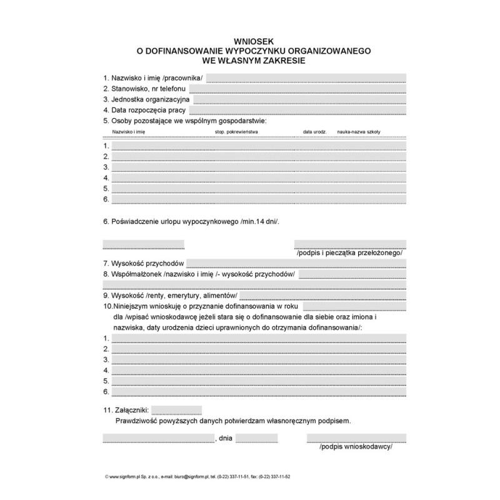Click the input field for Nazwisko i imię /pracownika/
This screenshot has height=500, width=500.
pyautogui.click(x=306, y=79)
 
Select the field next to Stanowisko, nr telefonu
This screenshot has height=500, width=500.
pyautogui.click(x=297, y=89)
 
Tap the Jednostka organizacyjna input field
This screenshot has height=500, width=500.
pyautogui.click(x=299, y=100)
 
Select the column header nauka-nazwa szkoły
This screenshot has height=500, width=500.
pyautogui.click(x=358, y=132)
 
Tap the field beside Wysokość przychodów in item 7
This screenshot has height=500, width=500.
pyautogui.click(x=296, y=264)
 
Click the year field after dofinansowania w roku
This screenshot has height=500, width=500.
pyautogui.click(x=354, y=306)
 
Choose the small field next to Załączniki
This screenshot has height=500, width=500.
pyautogui.click(x=177, y=411)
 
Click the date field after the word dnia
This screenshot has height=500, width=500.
pyautogui.click(x=256, y=438)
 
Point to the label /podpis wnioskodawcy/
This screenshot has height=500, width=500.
pyautogui.click(x=355, y=447)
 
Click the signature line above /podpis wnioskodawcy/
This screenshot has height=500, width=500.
pyautogui.click(x=356, y=438)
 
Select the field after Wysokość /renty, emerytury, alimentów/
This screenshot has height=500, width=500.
pyautogui.click(x=322, y=296)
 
